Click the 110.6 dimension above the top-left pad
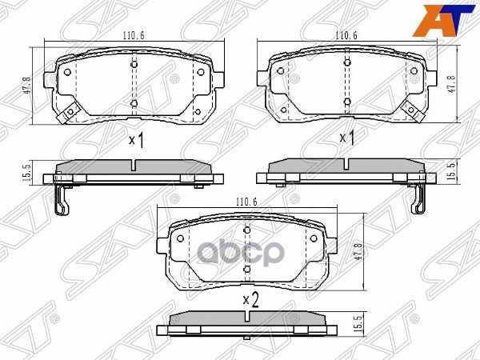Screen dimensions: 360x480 pos(133,36)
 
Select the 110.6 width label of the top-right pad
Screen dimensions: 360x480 pos(346,36)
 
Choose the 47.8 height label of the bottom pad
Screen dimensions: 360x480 pos(358,252)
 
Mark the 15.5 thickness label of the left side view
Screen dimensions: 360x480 pos(27,172)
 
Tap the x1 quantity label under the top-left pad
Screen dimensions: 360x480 pos(135,142)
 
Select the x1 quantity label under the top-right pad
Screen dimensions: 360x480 pos(347,138)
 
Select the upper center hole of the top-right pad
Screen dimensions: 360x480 pos(347,62)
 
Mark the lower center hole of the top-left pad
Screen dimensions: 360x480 pos(134,103)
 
